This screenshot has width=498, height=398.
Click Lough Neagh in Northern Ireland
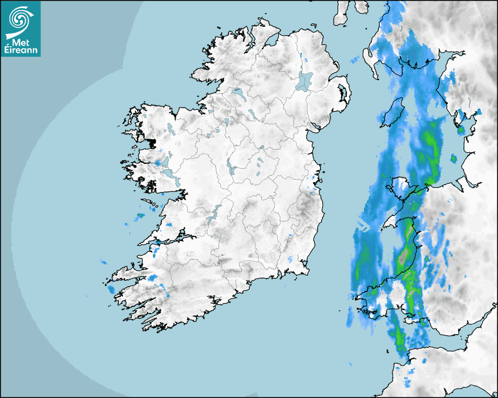coord(305,80)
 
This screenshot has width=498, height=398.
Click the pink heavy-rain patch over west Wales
coord(403,256)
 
